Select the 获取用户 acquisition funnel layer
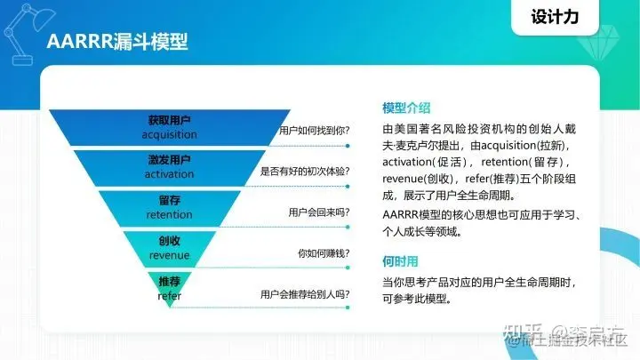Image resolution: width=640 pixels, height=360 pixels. [x=169, y=125]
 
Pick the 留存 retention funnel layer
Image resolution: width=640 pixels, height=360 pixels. [x=169, y=207]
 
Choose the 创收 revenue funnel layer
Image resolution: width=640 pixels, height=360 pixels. [x=169, y=248]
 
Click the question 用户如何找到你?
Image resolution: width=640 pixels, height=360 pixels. [x=313, y=130]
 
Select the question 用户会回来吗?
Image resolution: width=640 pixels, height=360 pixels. [x=318, y=212]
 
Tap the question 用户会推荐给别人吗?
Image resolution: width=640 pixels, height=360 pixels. [x=304, y=294]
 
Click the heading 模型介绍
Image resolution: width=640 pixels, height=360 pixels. [x=406, y=108]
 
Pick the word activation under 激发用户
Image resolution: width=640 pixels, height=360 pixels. [x=169, y=174]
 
